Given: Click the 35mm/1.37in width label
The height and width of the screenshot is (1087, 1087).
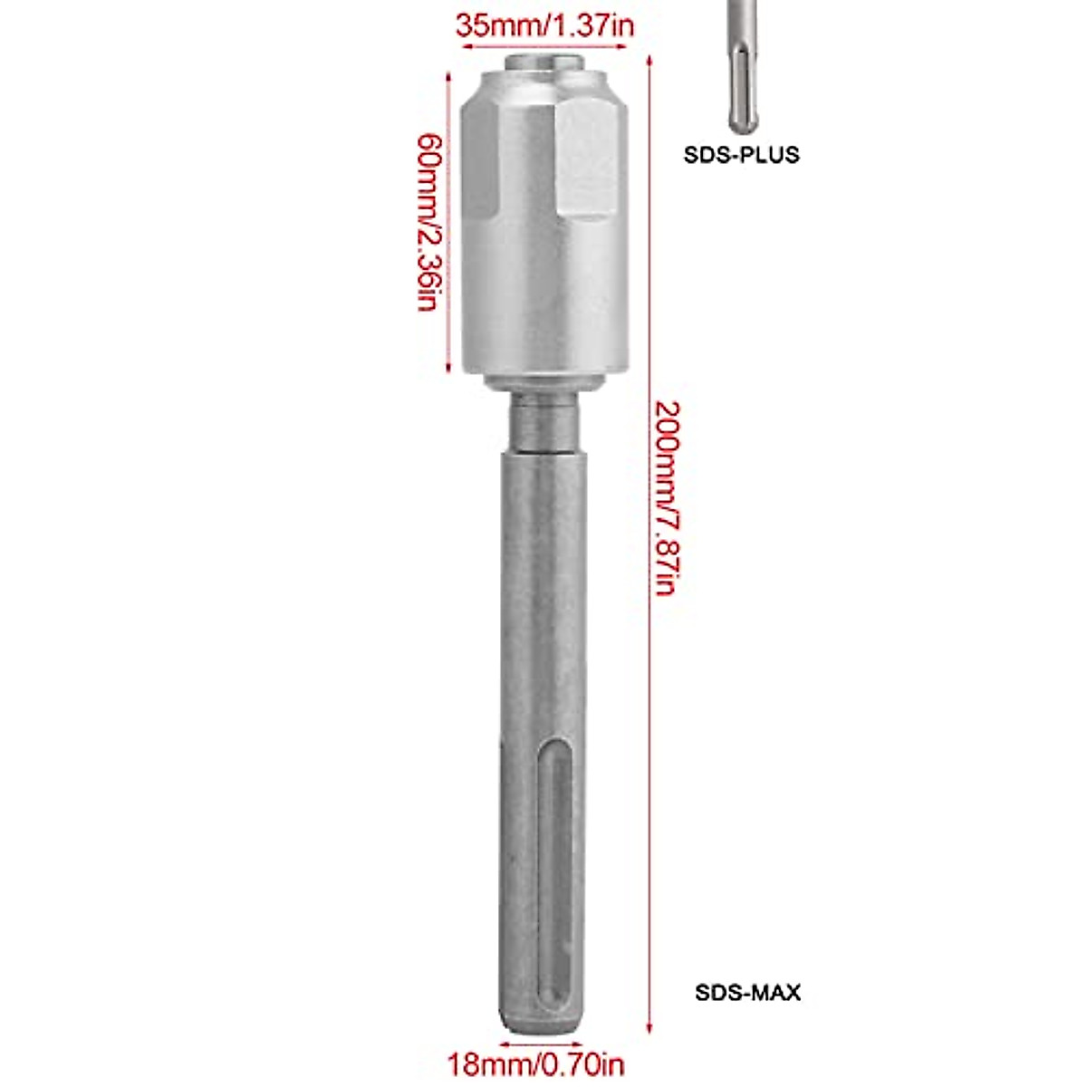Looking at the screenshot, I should coord(544,24).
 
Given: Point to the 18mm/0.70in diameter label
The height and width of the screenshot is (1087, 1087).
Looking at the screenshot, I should coord(536,1063).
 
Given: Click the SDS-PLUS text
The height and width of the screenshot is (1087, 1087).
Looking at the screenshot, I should coord(741,155).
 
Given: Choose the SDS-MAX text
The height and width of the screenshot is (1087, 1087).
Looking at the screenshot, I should coord(747,992).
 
